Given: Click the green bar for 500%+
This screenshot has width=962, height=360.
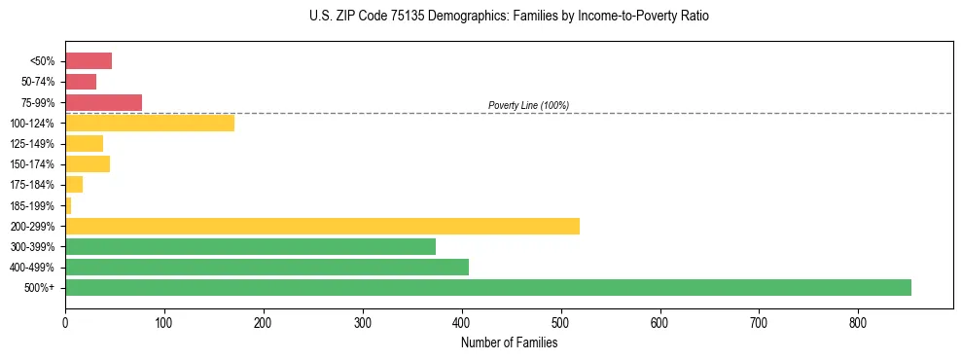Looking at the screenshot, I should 487,287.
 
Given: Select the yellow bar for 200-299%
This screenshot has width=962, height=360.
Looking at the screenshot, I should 322,226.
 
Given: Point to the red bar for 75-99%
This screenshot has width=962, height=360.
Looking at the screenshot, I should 103,102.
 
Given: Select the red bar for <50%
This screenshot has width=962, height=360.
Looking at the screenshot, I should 89,61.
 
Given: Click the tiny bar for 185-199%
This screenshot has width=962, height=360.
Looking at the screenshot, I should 68,205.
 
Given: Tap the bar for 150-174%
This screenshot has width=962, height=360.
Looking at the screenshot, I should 88,163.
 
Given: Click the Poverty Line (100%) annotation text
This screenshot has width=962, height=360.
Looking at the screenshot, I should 528,105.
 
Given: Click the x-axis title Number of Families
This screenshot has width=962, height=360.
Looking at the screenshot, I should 509,342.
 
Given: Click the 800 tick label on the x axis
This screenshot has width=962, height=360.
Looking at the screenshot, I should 858,322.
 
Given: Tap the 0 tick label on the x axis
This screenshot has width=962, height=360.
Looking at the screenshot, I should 65,322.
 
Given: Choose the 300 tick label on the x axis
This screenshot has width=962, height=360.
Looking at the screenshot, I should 363,322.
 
